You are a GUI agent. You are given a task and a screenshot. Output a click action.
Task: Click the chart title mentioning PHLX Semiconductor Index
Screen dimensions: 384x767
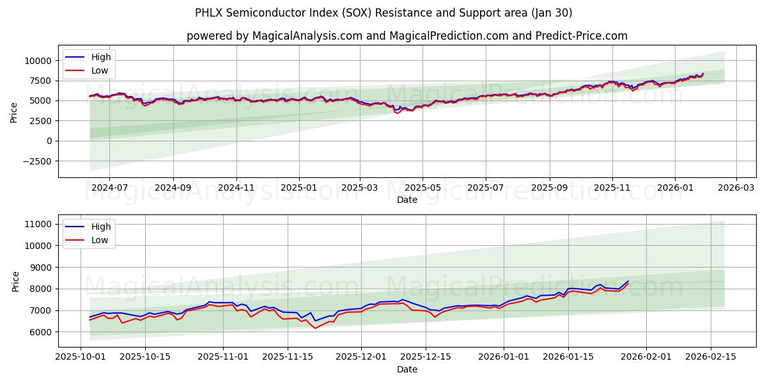click(383, 13)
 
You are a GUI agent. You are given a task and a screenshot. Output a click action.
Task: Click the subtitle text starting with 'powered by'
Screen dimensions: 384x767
click(407, 36)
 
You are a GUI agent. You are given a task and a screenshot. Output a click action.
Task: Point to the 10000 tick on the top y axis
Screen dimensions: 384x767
click(39, 61)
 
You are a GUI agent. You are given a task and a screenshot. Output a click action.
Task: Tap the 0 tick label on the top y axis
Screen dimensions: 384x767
click(50, 141)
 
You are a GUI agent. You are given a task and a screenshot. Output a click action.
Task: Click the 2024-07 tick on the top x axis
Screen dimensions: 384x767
click(109, 188)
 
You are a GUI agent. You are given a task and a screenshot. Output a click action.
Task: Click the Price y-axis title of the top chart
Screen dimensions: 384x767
click(14, 112)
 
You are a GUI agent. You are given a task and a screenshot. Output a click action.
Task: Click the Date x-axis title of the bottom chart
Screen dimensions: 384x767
click(407, 369)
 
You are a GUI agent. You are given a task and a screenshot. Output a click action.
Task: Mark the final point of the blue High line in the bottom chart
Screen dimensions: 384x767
click(628, 281)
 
